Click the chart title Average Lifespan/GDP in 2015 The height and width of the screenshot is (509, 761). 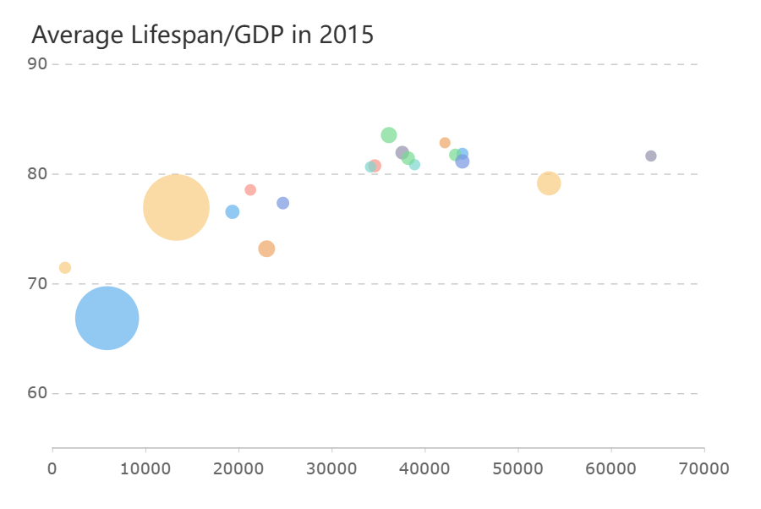point(202,36)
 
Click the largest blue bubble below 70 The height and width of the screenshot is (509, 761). point(107,319)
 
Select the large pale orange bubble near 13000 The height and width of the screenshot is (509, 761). point(176,207)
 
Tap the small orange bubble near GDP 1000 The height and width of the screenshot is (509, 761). point(65,268)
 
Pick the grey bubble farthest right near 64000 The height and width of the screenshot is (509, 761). point(650,156)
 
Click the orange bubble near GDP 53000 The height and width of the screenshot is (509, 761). point(549,183)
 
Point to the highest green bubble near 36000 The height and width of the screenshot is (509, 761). point(389,135)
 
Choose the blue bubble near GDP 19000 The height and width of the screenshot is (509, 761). point(233,211)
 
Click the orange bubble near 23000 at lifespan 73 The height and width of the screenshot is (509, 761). point(266,249)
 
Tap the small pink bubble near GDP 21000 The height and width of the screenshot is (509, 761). point(250,190)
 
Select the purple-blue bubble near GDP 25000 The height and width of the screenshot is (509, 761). point(283,203)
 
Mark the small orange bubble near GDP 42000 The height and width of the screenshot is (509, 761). point(445,143)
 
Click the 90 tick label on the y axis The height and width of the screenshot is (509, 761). point(38,64)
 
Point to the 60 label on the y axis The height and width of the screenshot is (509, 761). point(38,393)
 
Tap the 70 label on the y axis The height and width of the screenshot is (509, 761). point(38,283)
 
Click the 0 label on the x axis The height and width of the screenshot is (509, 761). point(52,468)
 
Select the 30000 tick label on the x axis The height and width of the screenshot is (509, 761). point(331,468)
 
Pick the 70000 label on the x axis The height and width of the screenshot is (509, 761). point(704,468)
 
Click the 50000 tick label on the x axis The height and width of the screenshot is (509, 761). point(517,468)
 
